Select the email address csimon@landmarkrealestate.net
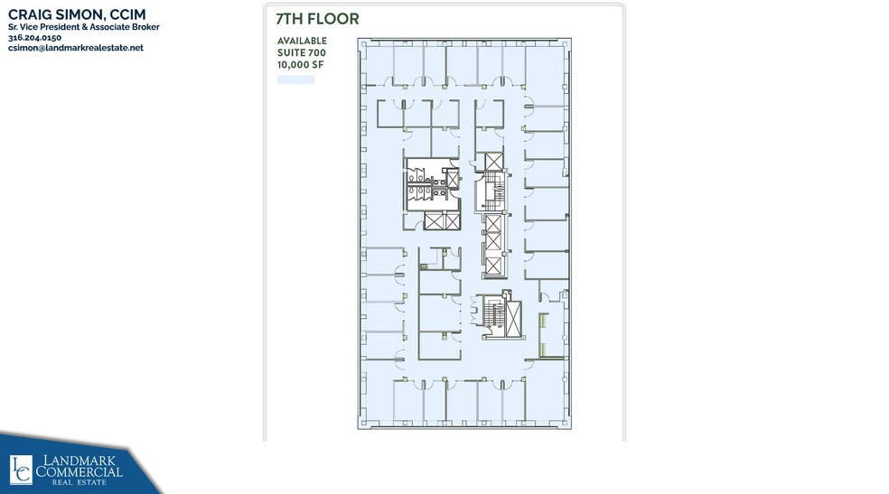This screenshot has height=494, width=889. pos(76,48)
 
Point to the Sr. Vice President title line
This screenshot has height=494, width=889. pos(83,27)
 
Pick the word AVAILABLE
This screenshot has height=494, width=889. pos(302,41)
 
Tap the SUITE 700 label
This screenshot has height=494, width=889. pos(302,52)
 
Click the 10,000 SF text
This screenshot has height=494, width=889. pos(299,64)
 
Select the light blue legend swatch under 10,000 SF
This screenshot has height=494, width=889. pos(295,79)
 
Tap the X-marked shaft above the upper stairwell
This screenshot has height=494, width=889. pos(492,162)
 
